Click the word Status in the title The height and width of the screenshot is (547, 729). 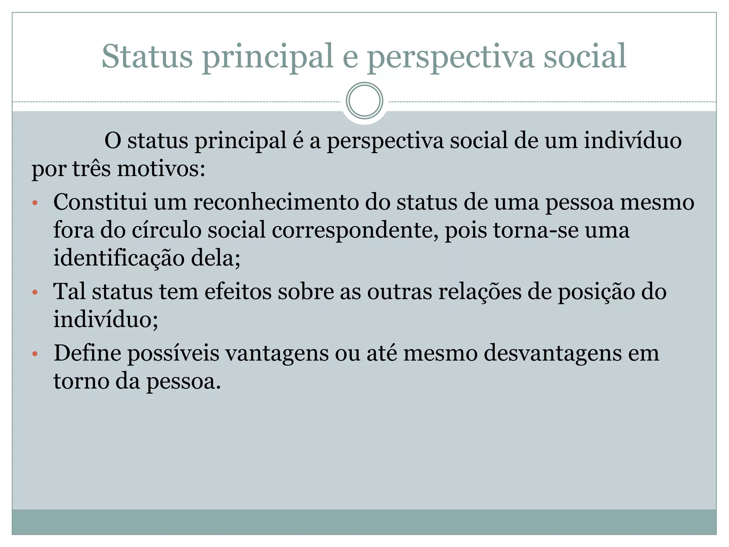[147, 56]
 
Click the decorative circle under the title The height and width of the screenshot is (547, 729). [364, 101]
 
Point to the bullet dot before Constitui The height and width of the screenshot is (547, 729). [35, 203]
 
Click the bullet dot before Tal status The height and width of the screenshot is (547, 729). [35, 293]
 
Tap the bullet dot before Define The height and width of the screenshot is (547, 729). [35, 354]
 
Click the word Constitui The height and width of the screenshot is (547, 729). [100, 202]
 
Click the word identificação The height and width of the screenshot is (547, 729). [119, 258]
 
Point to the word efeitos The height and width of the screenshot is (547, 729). [238, 291]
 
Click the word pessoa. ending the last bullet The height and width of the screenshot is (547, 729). [184, 381]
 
